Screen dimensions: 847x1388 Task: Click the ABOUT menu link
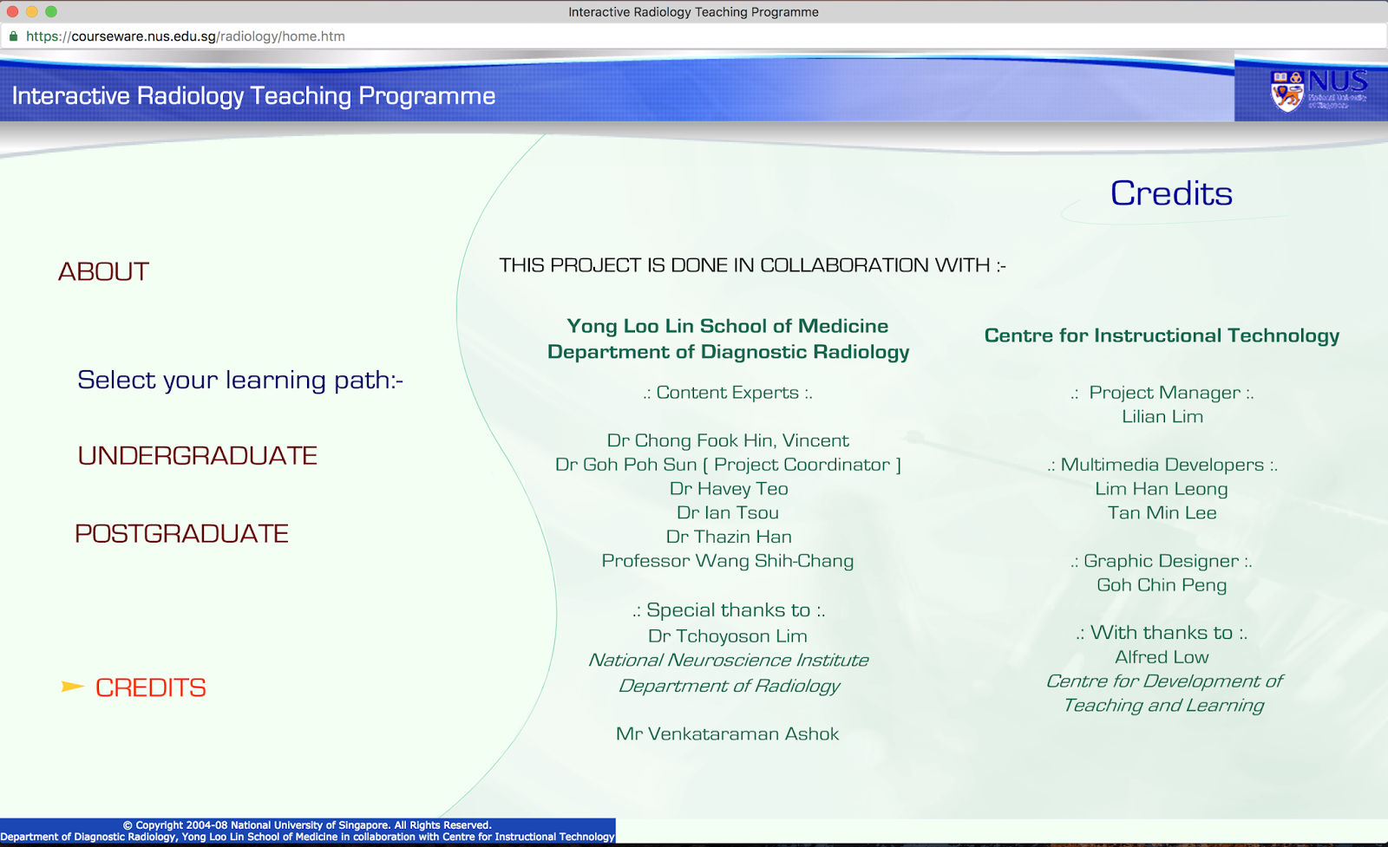[x=103, y=271]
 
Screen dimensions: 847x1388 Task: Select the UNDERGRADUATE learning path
[x=197, y=456]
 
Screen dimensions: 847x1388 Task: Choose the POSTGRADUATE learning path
[x=181, y=533]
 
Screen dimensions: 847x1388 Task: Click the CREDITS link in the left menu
[x=150, y=687]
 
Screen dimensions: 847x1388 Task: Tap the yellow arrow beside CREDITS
[x=72, y=687]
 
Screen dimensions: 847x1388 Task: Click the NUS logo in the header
[x=1318, y=90]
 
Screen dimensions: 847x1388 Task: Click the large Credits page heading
[x=1170, y=193]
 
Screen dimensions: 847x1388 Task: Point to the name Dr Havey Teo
[x=728, y=489]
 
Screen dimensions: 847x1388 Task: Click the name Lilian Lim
[x=1162, y=417]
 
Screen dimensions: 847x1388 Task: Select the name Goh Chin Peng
[x=1162, y=585]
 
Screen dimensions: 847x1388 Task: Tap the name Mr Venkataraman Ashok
[x=727, y=734]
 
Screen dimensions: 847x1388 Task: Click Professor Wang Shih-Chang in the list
[x=727, y=561]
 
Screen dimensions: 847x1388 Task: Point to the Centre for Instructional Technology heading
[x=1162, y=336]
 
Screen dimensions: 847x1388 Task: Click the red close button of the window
[x=12, y=11]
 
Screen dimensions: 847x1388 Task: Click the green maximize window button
[x=51, y=11]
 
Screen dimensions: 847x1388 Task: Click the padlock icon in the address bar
[x=13, y=36]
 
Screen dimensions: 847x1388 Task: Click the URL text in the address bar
[x=185, y=36]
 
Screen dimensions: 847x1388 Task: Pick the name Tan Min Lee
[x=1162, y=513]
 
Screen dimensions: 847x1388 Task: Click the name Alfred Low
[x=1162, y=657]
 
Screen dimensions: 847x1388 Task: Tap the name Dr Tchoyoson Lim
[x=727, y=636]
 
